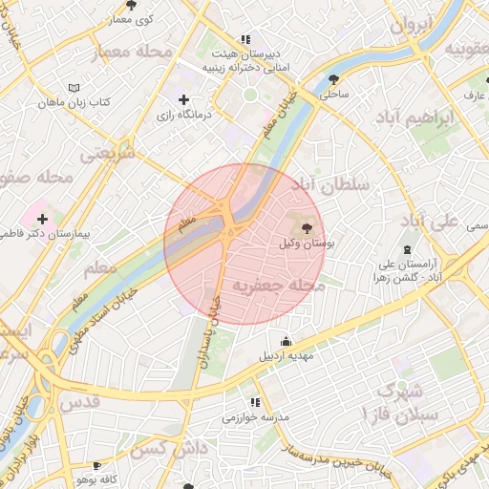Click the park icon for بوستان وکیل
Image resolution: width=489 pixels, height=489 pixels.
pos(306,227)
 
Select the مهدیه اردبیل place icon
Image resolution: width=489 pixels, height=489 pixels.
pos(286,342)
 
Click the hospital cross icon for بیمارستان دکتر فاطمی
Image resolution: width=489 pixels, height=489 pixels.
pos(42,219)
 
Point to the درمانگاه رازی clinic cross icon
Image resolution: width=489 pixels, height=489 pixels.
pos(183,99)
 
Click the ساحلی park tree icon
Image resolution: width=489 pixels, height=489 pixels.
pos(333,79)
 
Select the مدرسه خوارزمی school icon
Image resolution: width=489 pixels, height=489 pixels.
pos(254,402)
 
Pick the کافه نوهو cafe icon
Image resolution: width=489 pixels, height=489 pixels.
pos(96,465)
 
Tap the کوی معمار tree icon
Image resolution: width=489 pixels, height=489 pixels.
pos(130,5)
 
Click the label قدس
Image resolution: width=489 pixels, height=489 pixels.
pos(79,402)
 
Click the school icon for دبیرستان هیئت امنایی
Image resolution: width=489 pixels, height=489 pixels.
pos(245,39)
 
